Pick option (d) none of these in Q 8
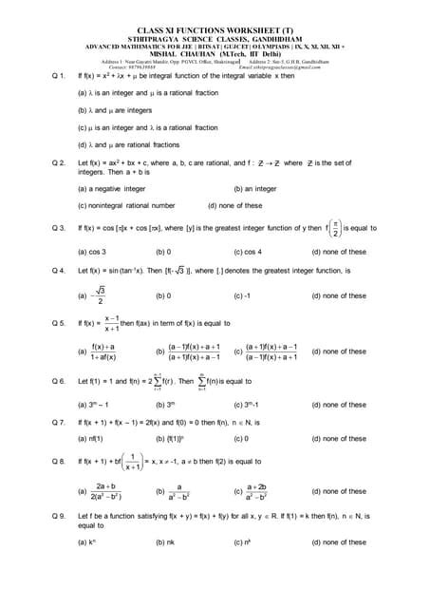tap(338, 491)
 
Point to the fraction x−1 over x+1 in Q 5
tap(110, 324)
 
